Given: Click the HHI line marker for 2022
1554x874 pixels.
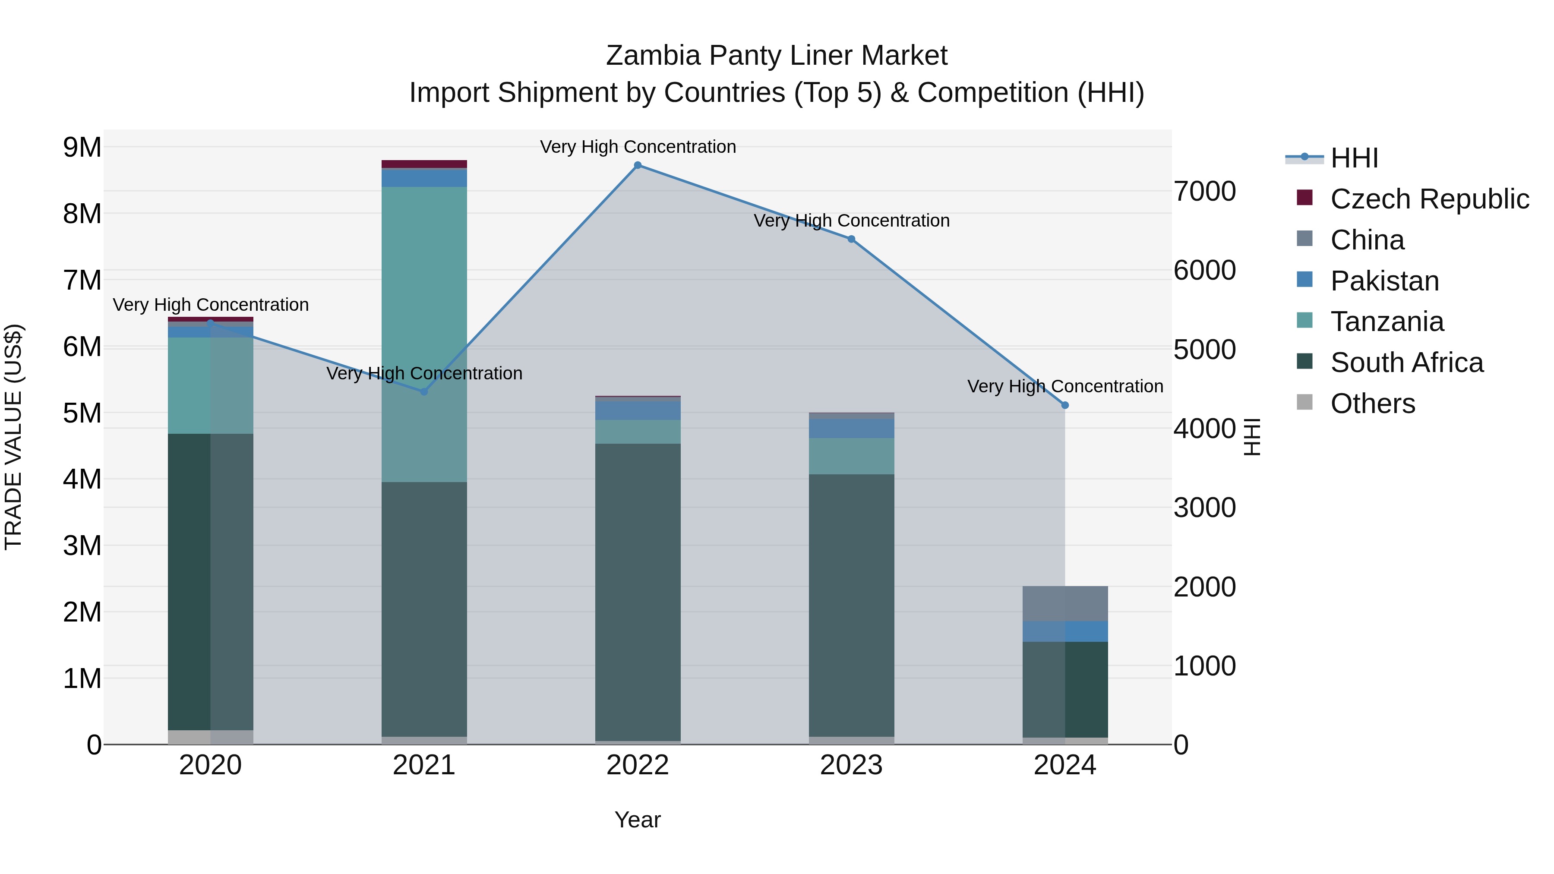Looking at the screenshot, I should click(x=638, y=165).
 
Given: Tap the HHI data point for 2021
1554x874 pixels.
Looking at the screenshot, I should click(x=424, y=391).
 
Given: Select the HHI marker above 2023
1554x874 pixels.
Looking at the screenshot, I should click(x=851, y=239).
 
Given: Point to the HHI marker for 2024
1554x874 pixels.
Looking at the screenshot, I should click(x=1065, y=405).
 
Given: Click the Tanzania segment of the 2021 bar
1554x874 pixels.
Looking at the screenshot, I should click(x=424, y=332).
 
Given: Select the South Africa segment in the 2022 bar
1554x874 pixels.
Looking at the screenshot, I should click(x=638, y=591).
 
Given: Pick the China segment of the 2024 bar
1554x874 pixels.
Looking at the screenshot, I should click(x=1065, y=603).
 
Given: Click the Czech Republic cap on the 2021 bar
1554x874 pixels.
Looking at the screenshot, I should click(x=424, y=164).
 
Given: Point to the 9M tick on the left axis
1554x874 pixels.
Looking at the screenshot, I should click(x=82, y=147).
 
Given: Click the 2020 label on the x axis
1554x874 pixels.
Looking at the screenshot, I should click(x=211, y=765).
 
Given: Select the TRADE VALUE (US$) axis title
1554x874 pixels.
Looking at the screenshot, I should click(x=13, y=437).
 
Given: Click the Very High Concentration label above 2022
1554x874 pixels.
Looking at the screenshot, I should click(x=638, y=147).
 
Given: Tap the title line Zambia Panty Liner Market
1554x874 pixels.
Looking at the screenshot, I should click(x=777, y=56).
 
